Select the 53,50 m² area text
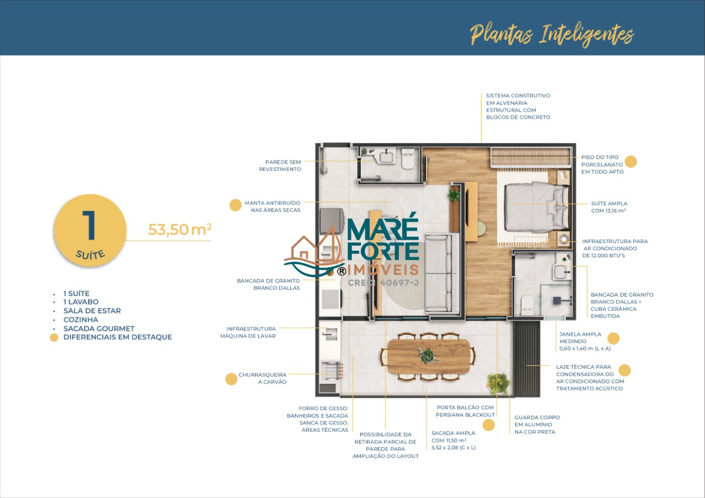point(180,230)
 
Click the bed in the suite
point(536,207)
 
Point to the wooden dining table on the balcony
point(429,356)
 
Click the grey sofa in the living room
point(438,273)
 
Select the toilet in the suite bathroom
point(527,305)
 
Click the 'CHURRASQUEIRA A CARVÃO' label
point(263,378)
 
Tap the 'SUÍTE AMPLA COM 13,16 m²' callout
point(609,207)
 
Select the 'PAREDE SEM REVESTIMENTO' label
point(280,166)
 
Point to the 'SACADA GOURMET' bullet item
point(99,328)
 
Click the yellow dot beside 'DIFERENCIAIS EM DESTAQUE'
point(54,337)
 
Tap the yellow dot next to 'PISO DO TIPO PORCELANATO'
point(631,161)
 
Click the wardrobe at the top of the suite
point(531,157)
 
